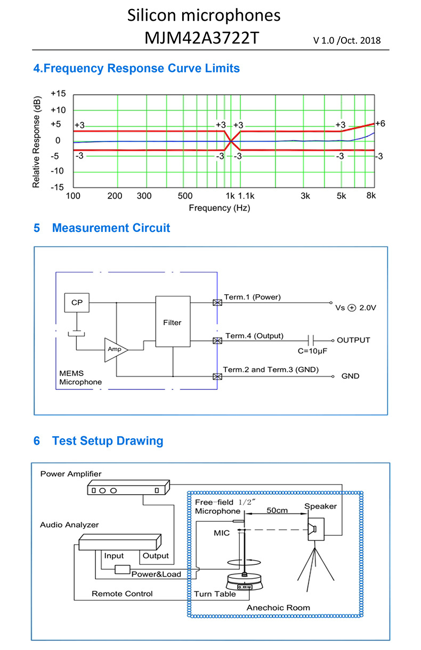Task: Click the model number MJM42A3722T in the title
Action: [x=201, y=38]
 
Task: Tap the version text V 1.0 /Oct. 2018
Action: [x=347, y=40]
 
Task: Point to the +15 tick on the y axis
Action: [x=58, y=94]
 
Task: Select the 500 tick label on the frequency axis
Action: [x=185, y=196]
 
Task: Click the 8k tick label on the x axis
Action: [x=371, y=196]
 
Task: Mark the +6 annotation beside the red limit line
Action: [x=380, y=123]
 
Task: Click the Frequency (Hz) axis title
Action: [x=220, y=208]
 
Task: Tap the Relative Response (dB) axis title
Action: [x=36, y=142]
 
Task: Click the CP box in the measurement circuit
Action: [x=77, y=303]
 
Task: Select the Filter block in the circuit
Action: [x=173, y=321]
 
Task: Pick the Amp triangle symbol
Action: [x=116, y=350]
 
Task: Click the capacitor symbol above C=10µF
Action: [x=311, y=340]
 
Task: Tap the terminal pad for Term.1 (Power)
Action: [x=217, y=303]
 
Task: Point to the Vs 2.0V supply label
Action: [x=355, y=307]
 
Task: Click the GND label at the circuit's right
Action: [x=350, y=376]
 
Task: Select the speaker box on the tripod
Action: [x=316, y=529]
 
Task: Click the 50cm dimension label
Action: [x=277, y=511]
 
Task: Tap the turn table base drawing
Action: [x=245, y=582]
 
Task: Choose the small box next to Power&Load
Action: [x=123, y=569]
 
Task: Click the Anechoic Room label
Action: [x=278, y=607]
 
